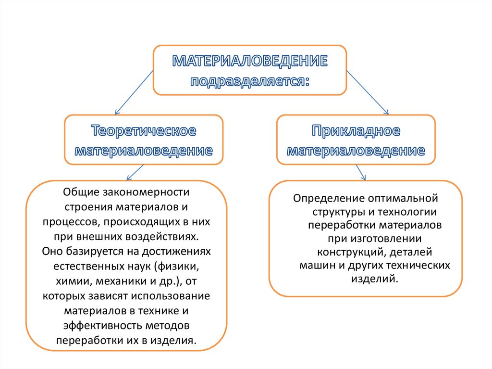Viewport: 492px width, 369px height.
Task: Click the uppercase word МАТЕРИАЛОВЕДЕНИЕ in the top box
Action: coord(250,61)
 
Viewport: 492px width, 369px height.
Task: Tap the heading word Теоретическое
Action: coord(144,131)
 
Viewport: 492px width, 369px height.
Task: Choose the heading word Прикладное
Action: coord(356,131)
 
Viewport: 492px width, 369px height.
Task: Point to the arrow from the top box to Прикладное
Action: coord(368,91)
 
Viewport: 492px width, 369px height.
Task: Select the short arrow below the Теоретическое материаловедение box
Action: coord(135,172)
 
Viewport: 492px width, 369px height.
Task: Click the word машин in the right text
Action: coord(314,265)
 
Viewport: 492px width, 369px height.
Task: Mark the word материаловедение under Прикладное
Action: coord(356,151)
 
